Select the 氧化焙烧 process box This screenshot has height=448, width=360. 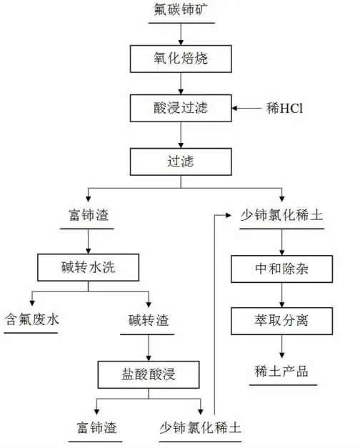tap(179, 59)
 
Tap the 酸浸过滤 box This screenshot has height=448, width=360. tap(179, 109)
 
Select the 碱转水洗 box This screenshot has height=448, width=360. tap(87, 269)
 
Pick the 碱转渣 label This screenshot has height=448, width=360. tap(149, 319)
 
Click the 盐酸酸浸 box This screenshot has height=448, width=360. tap(149, 373)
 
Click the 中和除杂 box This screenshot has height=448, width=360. tap(281, 269)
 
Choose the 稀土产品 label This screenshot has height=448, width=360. tap(281, 371)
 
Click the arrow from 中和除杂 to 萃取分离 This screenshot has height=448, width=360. tap(281, 294)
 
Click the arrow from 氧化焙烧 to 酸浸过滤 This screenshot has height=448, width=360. tap(179, 84)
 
